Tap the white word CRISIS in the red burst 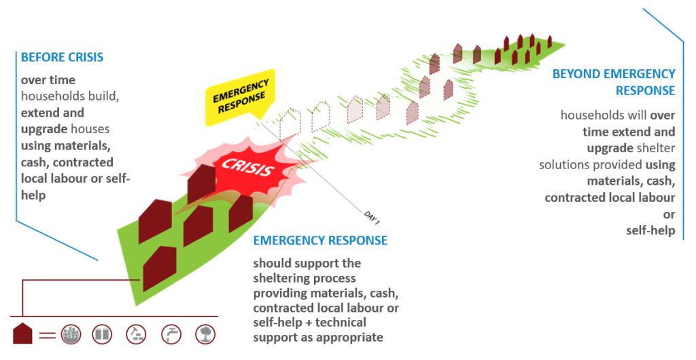(242, 166)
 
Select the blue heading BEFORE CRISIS (62, 57)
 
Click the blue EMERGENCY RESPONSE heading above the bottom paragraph (320, 240)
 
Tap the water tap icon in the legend (171, 334)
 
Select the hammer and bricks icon (136, 334)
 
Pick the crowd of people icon (70, 334)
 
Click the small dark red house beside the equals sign (22, 334)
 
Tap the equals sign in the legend (46, 334)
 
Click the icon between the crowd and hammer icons (102, 334)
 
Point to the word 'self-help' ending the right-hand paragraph (650, 230)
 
